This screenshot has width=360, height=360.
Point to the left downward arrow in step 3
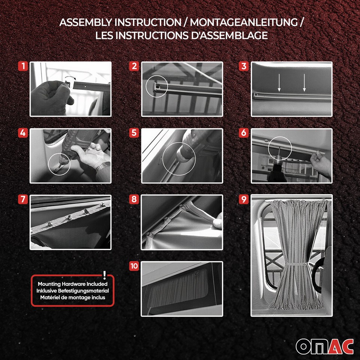click(279, 83)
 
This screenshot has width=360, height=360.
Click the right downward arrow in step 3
click(304, 83)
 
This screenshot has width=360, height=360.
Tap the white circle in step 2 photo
click(157, 87)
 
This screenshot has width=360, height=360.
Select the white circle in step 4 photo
click(59, 163)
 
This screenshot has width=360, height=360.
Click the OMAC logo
click(324, 346)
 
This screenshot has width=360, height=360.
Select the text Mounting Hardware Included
click(72, 284)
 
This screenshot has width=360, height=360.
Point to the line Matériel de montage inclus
click(72, 297)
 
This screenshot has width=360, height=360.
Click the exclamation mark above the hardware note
click(104, 274)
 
